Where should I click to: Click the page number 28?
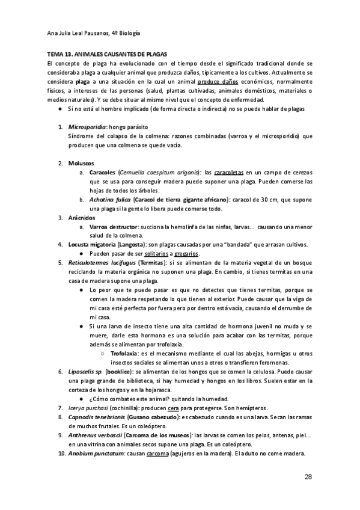308,476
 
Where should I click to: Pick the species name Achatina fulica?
109,200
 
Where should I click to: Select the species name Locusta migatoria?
94,244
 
